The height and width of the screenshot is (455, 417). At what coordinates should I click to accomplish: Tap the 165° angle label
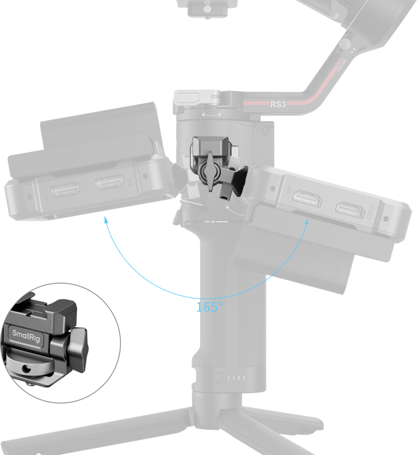coord(210,307)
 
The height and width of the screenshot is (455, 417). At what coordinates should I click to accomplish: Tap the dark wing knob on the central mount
coord(211,170)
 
